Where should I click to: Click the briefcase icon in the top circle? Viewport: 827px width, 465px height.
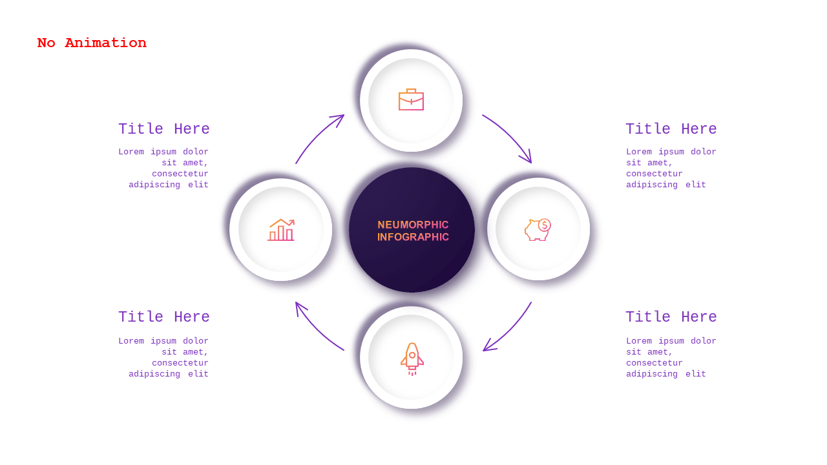(x=412, y=99)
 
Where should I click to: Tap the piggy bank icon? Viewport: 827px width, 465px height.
(x=538, y=229)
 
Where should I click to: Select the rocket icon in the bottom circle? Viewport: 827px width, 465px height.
(x=412, y=358)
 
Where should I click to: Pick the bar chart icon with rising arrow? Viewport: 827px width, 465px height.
(x=281, y=229)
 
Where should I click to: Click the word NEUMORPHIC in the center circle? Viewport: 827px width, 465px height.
(x=413, y=225)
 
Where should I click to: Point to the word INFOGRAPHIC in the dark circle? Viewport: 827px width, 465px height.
(x=413, y=237)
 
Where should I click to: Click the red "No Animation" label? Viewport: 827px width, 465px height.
(x=92, y=43)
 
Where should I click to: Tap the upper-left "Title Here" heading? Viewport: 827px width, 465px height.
(x=164, y=129)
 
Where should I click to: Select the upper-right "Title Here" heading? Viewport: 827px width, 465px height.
(x=671, y=129)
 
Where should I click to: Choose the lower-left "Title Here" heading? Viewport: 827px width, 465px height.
(x=164, y=316)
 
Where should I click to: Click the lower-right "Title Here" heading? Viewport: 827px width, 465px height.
(x=671, y=316)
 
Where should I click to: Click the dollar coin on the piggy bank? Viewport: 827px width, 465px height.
(x=545, y=225)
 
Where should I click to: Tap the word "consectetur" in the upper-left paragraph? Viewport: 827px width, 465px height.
(x=180, y=174)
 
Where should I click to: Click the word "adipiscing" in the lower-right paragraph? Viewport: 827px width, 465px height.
(x=652, y=374)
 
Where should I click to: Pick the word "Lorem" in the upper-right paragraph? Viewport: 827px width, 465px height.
(x=639, y=152)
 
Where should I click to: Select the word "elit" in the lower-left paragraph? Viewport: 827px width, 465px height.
(x=198, y=374)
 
